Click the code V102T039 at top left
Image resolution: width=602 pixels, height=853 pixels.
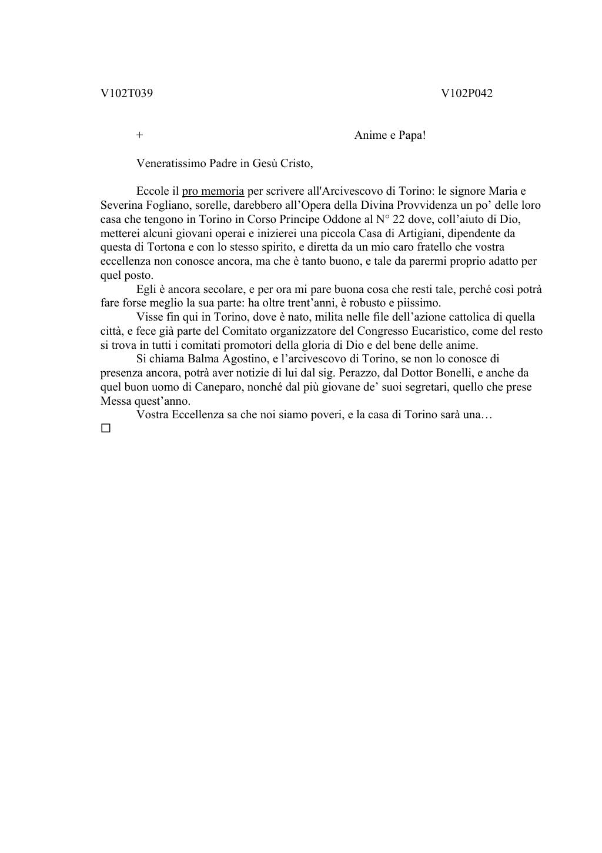126,93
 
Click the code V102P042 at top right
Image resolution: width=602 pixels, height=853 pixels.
467,93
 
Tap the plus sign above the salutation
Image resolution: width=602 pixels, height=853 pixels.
139,135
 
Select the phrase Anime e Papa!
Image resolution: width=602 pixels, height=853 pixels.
390,135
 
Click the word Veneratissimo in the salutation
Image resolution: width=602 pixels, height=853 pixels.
171,163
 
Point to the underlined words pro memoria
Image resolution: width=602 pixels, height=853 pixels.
213,191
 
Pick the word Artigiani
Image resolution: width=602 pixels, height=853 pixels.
419,233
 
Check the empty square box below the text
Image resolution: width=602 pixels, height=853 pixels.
106,428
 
